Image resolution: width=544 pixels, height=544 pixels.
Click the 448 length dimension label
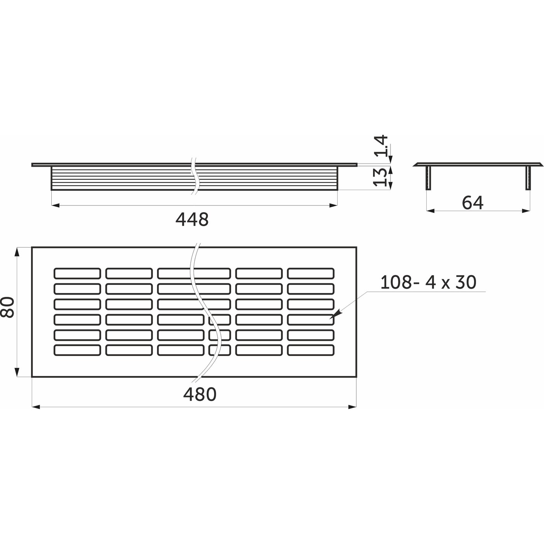[192, 220]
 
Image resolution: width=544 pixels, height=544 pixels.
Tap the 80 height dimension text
[7, 307]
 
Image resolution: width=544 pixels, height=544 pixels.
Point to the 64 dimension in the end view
[473, 203]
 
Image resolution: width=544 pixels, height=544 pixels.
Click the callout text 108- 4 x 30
[428, 282]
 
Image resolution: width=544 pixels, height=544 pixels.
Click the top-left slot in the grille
[77, 273]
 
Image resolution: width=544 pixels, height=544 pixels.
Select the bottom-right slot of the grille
[311, 350]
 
